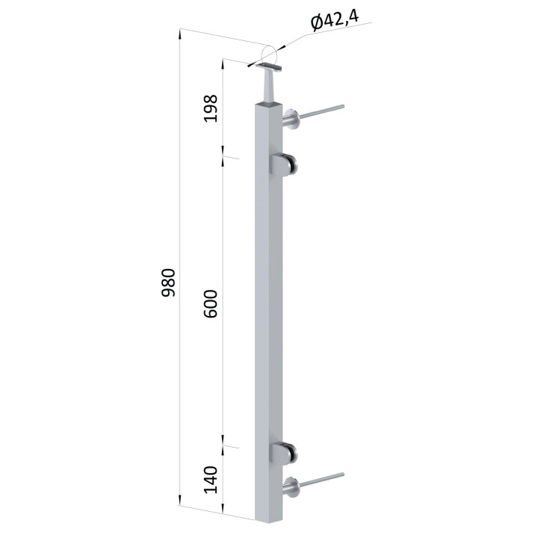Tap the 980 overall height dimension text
(x=168, y=282)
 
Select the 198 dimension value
(x=210, y=108)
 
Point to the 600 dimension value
(x=210, y=303)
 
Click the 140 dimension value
(x=210, y=479)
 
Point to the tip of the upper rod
(x=342, y=107)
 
